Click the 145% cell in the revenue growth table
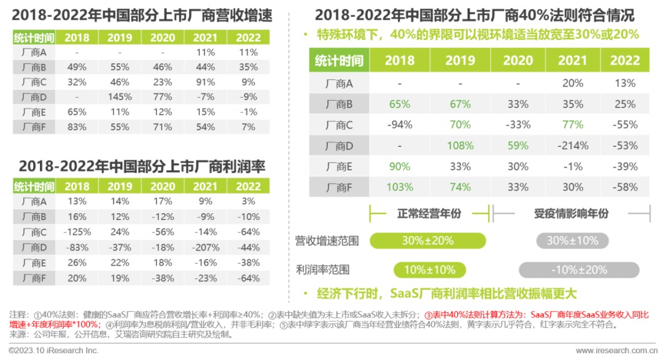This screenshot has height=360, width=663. coord(120,96)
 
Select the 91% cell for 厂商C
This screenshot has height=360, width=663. coord(206,82)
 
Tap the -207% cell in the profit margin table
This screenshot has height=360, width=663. coord(206,247)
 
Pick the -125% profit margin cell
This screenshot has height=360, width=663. coord(77,232)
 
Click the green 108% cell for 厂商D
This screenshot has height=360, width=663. coord(460,146)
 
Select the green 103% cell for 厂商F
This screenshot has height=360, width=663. coord(399,187)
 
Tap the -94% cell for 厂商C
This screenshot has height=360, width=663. coord(399,125)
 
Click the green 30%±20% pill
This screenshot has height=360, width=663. coord(428,240)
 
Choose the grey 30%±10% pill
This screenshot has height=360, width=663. coord(572,240)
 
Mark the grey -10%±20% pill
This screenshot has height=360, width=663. coord(578,270)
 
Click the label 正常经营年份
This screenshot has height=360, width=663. coord(428,213)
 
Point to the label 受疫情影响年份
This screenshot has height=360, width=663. coord(572,213)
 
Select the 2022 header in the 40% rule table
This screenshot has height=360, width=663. coord(624,60)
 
